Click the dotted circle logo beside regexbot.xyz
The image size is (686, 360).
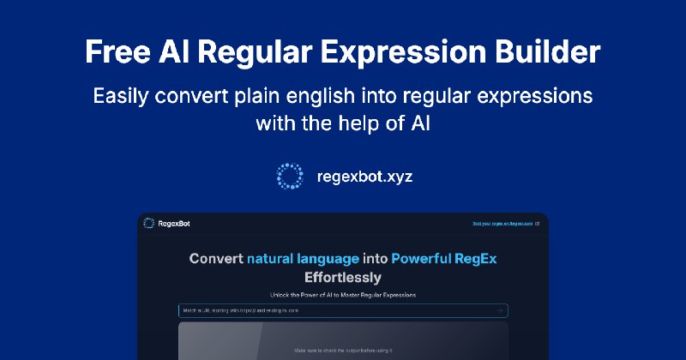290,176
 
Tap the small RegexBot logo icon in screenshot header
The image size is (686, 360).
149,224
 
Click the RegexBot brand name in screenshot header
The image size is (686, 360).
174,224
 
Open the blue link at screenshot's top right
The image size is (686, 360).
505,224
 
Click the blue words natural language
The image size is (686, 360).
316,258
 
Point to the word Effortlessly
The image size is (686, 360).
342,278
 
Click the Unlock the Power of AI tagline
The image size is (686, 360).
342,295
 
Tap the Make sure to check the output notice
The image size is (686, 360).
342,351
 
